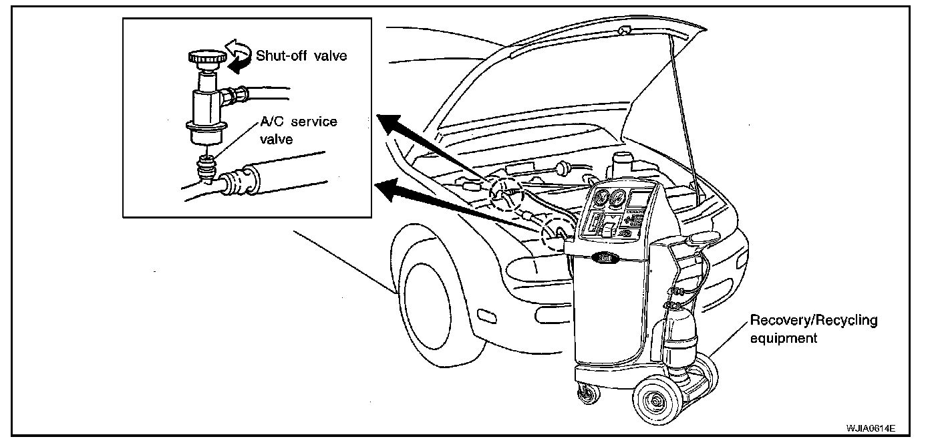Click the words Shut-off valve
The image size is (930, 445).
pyautogui.click(x=301, y=56)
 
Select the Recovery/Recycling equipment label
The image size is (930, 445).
pyautogui.click(x=813, y=329)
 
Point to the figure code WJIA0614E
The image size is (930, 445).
pyautogui.click(x=871, y=427)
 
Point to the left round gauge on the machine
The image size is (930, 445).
pyautogui.click(x=600, y=198)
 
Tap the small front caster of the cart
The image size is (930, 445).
pyautogui.click(x=586, y=394)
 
